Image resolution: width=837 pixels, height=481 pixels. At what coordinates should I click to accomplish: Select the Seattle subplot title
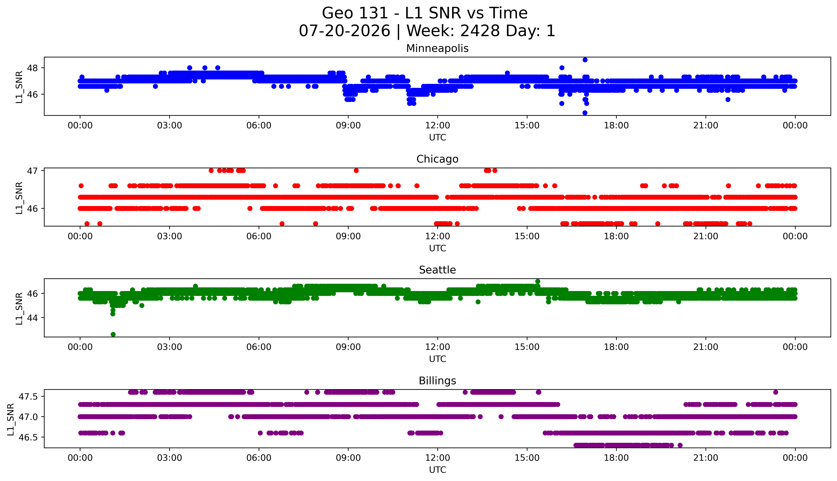click(437, 270)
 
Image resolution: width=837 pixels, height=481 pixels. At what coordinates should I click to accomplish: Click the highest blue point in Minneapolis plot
click(585, 60)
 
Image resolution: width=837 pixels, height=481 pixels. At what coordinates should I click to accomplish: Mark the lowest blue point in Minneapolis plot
click(585, 113)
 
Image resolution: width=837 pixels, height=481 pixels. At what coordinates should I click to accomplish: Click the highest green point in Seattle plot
click(538, 281)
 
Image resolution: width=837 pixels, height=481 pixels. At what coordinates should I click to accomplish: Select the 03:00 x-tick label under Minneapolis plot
click(170, 126)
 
